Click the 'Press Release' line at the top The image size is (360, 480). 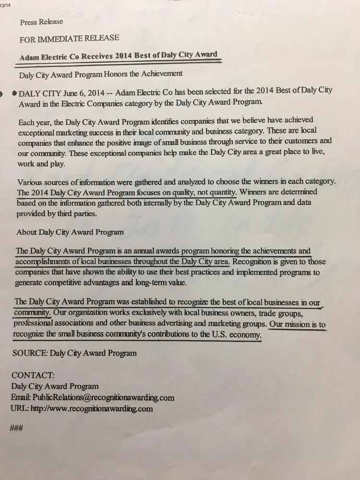click(41, 22)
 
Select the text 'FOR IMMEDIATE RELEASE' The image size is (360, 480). click(69, 38)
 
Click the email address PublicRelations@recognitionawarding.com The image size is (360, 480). click(103, 397)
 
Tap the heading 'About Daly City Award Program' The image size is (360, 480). click(70, 232)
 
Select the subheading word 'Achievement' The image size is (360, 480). click(159, 74)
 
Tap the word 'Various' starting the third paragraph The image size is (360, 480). click(30, 182)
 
